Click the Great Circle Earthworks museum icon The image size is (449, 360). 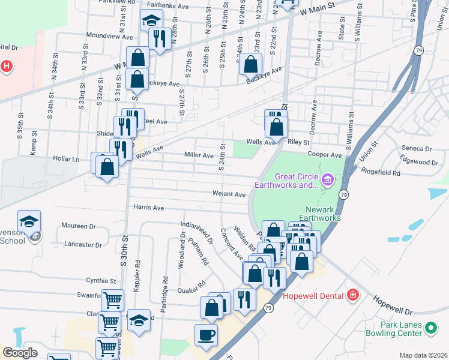click(327, 179)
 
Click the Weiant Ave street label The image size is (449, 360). click(229, 194)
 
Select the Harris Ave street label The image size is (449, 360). click(149, 208)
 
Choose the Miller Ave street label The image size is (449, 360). click(199, 155)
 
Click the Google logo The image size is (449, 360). click(20, 353)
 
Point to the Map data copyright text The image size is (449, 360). click(424, 355)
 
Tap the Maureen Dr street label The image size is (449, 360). click(79, 226)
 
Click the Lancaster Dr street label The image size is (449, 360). click(83, 245)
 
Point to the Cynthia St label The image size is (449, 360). click(100, 280)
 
